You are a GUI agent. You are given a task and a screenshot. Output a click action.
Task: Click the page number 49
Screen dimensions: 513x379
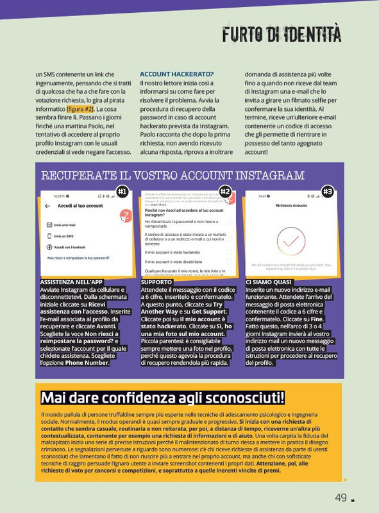[x=341, y=498]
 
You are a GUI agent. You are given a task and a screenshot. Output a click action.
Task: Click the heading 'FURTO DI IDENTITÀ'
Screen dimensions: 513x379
[x=282, y=33]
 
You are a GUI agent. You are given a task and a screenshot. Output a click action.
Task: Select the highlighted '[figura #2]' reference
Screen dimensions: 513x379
[x=84, y=110]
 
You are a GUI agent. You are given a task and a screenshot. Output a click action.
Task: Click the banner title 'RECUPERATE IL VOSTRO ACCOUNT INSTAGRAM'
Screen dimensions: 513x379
[x=173, y=175]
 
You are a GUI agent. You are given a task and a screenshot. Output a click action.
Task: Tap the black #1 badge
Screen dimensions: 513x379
[x=122, y=191]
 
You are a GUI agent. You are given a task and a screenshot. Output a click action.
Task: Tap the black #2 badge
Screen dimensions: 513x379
[x=225, y=191]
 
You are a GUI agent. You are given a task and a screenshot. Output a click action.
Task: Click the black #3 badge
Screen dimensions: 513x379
[x=328, y=191]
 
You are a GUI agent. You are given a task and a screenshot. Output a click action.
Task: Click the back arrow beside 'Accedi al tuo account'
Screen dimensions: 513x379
[x=47, y=206]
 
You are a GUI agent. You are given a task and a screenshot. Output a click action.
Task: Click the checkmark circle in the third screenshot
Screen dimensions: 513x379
[x=289, y=241]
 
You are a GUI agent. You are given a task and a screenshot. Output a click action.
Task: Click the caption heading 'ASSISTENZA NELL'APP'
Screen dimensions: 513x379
[x=70, y=282]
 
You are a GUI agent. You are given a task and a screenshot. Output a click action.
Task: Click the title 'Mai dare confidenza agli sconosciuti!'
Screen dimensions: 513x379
[x=163, y=398]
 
